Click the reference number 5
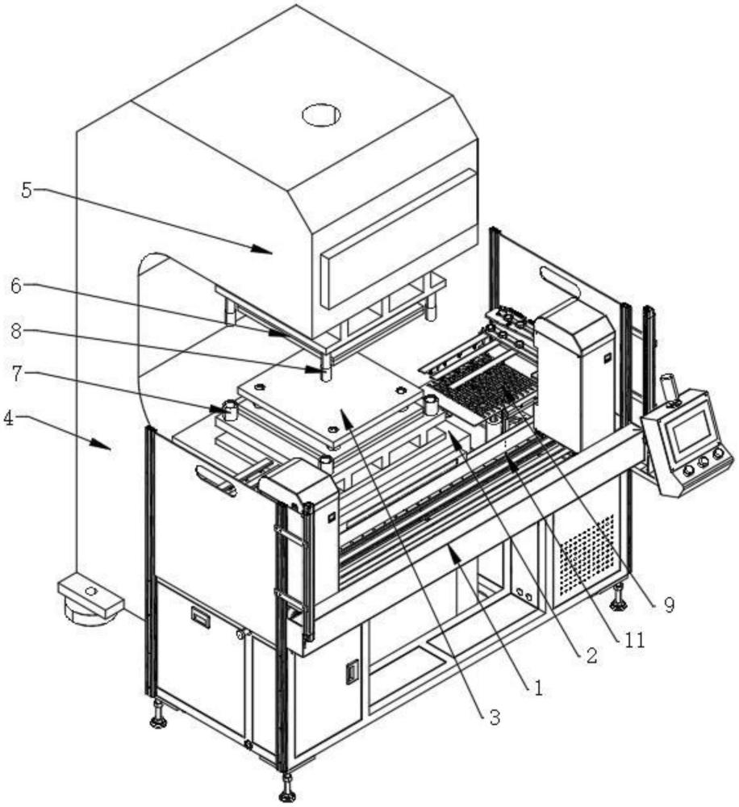click(27, 190)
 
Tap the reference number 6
click(16, 286)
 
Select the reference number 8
click(16, 332)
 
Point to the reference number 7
click(17, 374)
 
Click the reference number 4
click(9, 419)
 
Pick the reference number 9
click(669, 605)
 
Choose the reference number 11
click(635, 640)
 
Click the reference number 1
click(538, 688)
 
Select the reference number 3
click(495, 717)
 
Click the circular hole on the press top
click(322, 115)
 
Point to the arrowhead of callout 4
click(102, 444)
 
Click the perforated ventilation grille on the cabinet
click(587, 555)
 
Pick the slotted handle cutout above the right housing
click(561, 281)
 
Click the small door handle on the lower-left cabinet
click(200, 616)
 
